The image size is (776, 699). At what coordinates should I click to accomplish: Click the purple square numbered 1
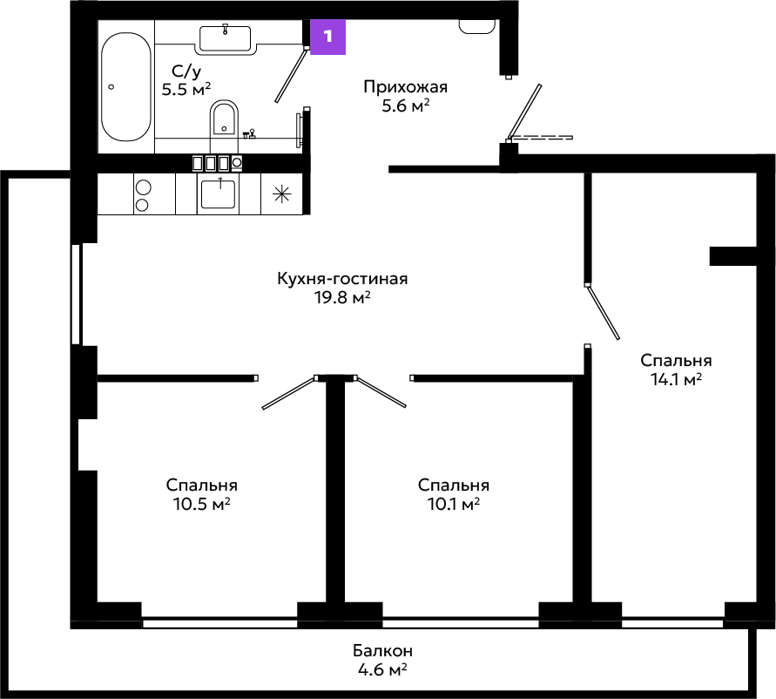tap(327, 37)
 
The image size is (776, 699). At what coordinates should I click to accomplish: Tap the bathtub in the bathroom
tap(126, 87)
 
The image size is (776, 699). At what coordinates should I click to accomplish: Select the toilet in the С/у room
tap(224, 119)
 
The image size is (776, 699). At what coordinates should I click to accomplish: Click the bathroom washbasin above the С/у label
tap(226, 38)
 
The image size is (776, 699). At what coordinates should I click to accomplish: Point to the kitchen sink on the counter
tap(218, 193)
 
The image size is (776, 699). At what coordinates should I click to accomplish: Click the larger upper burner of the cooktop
tap(143, 188)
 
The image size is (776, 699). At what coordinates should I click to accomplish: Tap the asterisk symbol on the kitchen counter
tap(282, 194)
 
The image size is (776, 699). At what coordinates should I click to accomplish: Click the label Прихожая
tap(405, 86)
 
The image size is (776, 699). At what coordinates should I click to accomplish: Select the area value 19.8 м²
tap(342, 297)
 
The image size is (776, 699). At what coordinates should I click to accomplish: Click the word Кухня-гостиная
tap(342, 278)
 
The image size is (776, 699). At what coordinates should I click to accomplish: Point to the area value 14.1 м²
tap(676, 379)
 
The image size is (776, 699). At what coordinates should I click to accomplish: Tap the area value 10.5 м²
tap(201, 504)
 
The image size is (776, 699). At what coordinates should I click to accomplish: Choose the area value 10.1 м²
tap(454, 504)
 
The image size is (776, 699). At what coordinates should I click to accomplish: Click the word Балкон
tap(382, 650)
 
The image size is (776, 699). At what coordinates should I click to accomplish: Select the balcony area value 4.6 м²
tap(382, 669)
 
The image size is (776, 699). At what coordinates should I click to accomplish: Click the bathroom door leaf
tap(291, 75)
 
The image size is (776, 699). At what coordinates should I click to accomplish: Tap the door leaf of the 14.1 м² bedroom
tap(603, 312)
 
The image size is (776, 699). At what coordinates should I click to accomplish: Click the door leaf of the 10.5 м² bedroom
tap(289, 393)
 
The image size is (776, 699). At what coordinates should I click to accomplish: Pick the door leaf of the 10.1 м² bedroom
tap(381, 392)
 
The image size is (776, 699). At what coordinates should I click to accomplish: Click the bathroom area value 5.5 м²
tap(186, 90)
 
